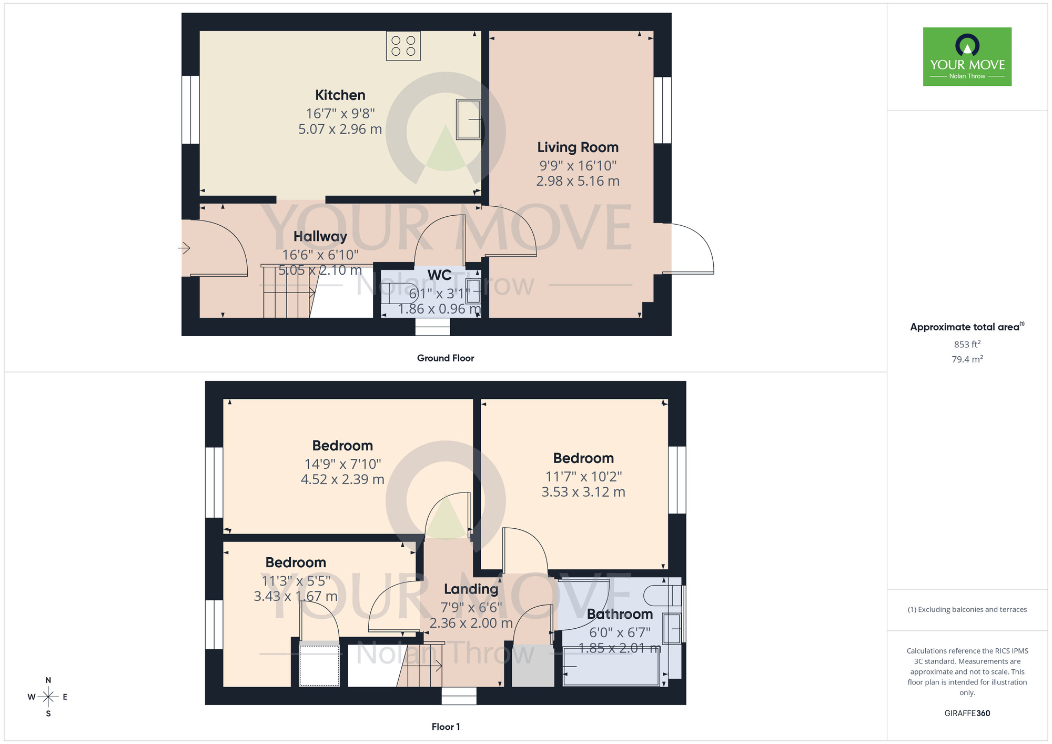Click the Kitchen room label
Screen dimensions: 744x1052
[x=340, y=95]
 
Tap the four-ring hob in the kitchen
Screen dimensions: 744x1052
[x=403, y=46]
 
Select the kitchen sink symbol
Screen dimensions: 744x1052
[x=468, y=119]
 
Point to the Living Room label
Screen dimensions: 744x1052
[x=578, y=147]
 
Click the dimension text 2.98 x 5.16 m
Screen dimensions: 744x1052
[x=578, y=181]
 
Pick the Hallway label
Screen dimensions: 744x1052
[x=320, y=237]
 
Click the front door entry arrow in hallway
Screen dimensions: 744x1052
[x=184, y=247]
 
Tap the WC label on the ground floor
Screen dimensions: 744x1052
[x=439, y=275]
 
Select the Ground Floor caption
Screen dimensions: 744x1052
[x=445, y=358]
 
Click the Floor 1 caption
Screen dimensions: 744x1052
[x=445, y=727]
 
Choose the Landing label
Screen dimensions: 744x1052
[x=471, y=589]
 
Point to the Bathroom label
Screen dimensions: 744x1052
[x=620, y=614]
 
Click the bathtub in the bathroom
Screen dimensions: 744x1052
[x=610, y=667]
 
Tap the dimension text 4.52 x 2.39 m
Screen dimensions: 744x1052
[x=342, y=480]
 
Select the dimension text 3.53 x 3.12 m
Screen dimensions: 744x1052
[x=583, y=492]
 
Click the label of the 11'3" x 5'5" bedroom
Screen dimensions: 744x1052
[x=296, y=562]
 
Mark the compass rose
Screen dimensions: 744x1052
[x=48, y=697]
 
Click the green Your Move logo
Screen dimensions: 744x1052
[x=967, y=57]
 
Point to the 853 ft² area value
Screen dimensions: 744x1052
[x=967, y=345]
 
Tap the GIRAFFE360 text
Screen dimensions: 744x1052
[x=967, y=713]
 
